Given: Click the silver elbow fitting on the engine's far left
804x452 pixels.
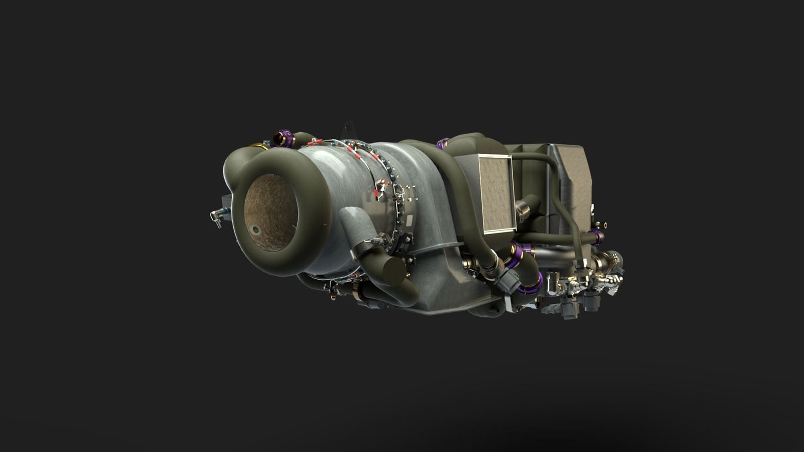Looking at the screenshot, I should (x=217, y=216).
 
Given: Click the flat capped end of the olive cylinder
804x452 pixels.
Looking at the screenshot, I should (x=394, y=271).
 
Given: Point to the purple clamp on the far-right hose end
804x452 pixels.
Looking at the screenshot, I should (x=597, y=236).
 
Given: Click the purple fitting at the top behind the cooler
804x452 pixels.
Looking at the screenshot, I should (x=442, y=143).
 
